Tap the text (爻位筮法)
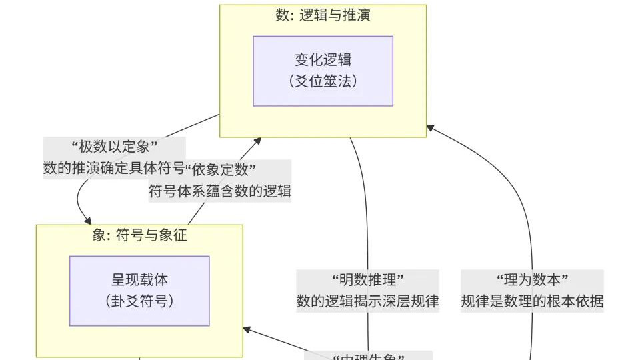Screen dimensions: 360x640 pos(323,81)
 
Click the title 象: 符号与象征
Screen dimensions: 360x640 pos(139,235)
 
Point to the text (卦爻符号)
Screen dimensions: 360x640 pos(139,301)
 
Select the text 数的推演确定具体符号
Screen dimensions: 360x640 pos(113,169)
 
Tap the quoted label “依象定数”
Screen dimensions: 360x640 pos(222,169)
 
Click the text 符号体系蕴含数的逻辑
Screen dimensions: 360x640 pos(219,191)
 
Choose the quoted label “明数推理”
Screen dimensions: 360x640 pos(368,279)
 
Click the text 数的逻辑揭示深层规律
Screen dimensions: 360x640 pos(368,301)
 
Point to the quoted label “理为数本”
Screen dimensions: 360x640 pos(532,279)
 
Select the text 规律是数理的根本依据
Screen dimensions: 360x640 pos(532,301)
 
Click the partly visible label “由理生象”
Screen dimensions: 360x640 pos(371,356)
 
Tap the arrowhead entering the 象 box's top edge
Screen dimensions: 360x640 pos(87,221)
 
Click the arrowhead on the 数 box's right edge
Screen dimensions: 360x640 pos(431,127)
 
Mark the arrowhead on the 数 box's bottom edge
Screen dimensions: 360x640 pos(257,141)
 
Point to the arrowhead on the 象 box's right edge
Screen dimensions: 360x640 pos(247,329)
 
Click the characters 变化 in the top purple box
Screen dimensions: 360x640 pos(304,59)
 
